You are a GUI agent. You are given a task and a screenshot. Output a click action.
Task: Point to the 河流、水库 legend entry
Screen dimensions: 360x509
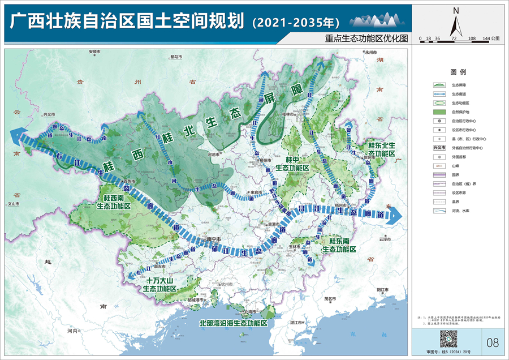pos(458,211)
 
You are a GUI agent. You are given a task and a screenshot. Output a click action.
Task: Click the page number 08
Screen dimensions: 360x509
pos(493,342)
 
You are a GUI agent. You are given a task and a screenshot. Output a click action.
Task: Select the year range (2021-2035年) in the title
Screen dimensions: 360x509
pos(295,23)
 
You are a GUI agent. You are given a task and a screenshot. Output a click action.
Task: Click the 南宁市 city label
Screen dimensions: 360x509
pos(214,239)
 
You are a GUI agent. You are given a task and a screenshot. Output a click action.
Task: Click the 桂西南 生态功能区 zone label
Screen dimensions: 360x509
pos(117,203)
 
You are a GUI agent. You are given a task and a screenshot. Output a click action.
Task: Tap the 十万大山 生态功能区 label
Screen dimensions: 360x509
pos(159,284)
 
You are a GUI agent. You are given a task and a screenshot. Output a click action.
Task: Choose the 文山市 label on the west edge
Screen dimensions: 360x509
pos(12,203)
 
